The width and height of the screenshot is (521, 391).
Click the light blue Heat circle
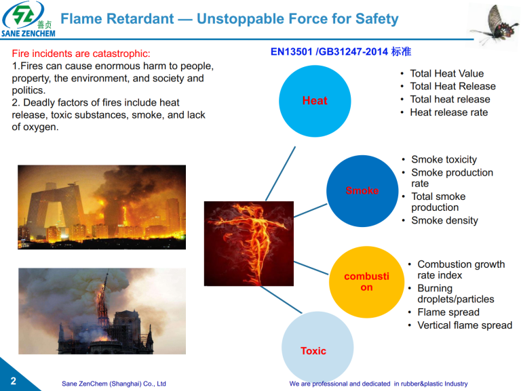(x=314, y=100)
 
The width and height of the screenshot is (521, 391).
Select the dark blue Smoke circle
(x=362, y=190)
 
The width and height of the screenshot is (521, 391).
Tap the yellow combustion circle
(x=366, y=282)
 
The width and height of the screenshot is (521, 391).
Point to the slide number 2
(x=13, y=380)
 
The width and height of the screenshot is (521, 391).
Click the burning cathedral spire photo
(x=102, y=310)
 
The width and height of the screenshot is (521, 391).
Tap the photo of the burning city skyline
(x=102, y=202)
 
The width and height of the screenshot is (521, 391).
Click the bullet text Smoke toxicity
(x=444, y=160)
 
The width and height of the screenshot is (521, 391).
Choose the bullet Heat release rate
(x=448, y=112)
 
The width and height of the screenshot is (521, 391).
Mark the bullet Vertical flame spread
(x=465, y=325)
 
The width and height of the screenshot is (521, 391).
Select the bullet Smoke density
(x=444, y=220)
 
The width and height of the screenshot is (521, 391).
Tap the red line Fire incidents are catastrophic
(x=81, y=53)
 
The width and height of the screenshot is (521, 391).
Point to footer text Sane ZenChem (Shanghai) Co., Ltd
(x=113, y=384)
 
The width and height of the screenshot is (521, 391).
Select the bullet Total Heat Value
(x=446, y=73)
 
